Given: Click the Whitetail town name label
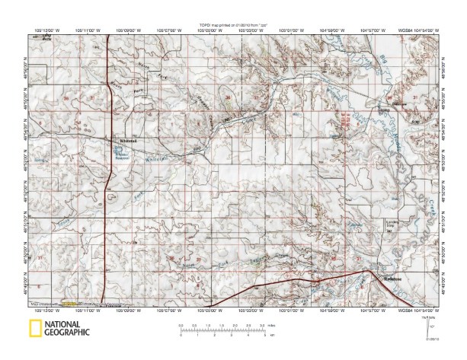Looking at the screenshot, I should [x=127, y=141].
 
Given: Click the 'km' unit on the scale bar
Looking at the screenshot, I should [x=270, y=334].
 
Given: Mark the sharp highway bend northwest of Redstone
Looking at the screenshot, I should [x=367, y=270].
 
